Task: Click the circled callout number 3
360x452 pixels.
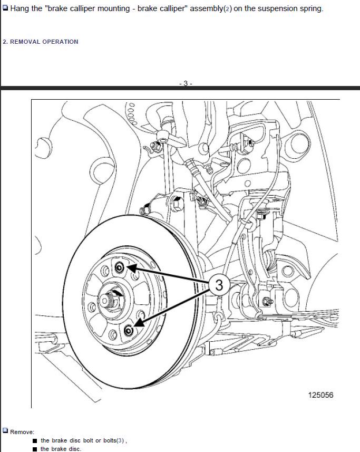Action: point(219,285)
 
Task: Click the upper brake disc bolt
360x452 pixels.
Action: point(119,268)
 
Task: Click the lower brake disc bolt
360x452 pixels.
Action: point(129,330)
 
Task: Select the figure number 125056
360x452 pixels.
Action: point(320,395)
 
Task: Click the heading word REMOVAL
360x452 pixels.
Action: point(25,42)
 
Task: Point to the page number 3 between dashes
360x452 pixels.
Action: point(186,83)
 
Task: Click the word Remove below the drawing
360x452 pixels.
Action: point(22,432)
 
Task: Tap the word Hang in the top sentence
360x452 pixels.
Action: point(20,8)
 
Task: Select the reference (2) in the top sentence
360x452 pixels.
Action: point(228,8)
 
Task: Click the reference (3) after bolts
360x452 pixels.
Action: point(120,440)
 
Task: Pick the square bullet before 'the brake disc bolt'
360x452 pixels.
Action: point(35,441)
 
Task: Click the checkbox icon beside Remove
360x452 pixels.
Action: point(5,431)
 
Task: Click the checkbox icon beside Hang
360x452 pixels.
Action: point(5,8)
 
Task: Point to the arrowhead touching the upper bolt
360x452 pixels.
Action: point(131,268)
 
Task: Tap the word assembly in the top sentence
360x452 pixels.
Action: point(206,8)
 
